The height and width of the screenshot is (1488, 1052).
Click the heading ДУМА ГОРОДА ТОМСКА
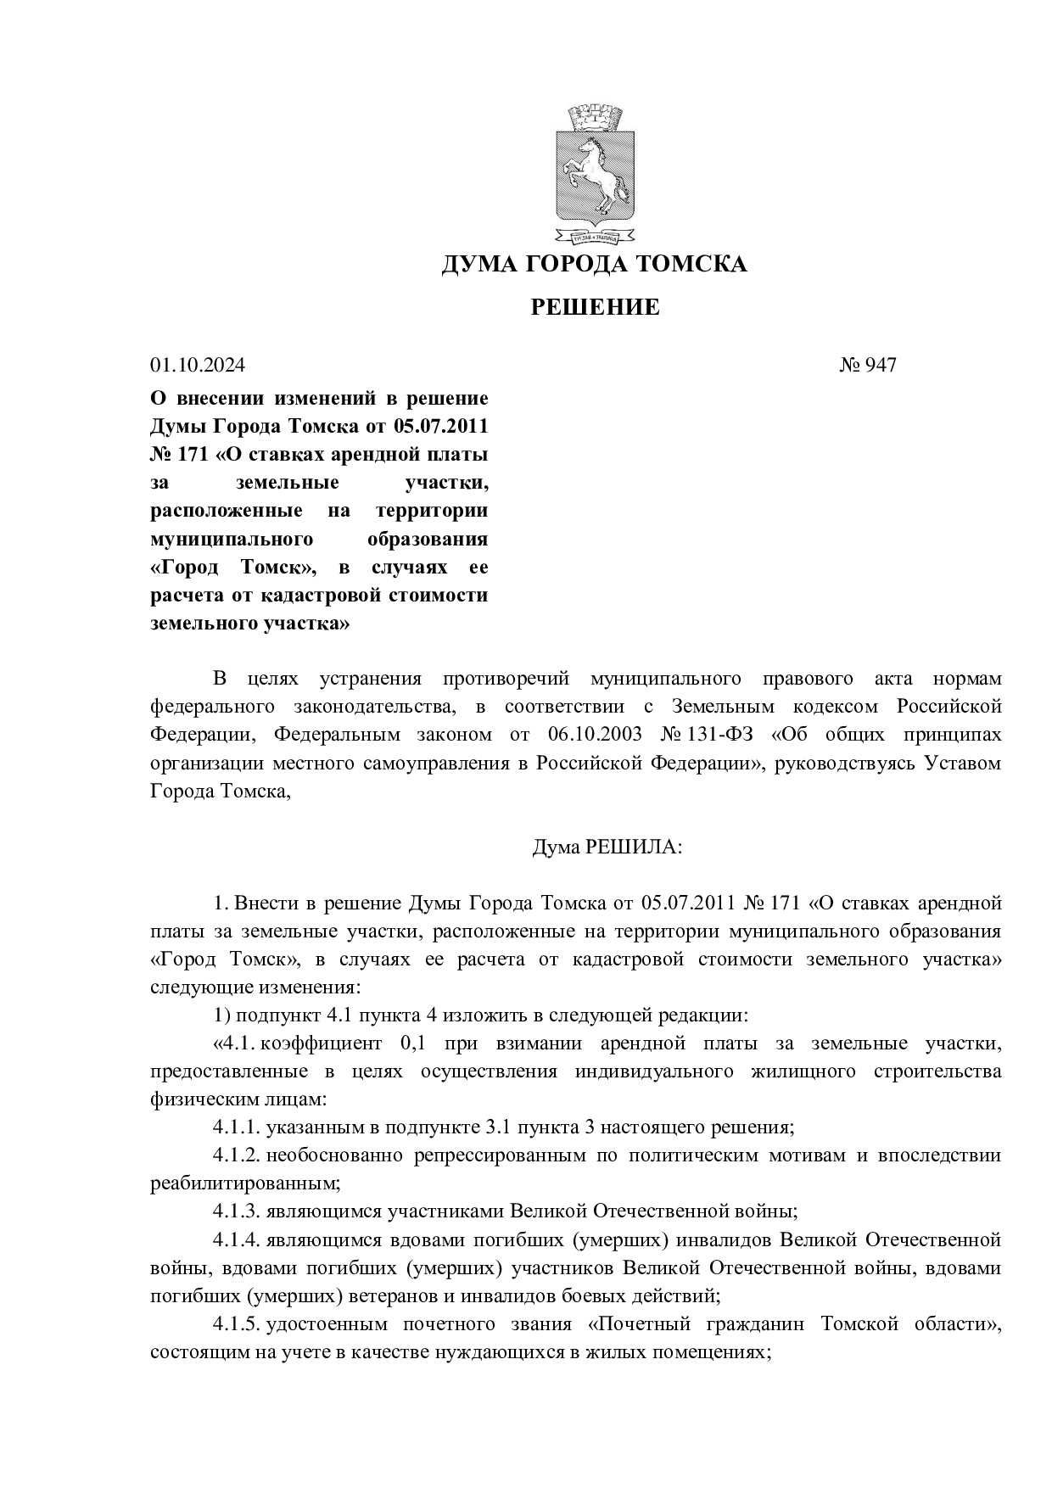(595, 265)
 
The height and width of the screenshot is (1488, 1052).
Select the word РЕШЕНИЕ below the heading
(595, 307)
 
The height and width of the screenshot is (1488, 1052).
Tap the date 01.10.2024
(198, 366)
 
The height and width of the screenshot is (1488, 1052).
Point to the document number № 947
(868, 366)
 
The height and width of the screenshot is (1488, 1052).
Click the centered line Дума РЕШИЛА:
(606, 847)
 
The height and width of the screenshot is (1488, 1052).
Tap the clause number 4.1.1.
(236, 1127)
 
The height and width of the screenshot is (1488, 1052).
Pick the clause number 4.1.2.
(236, 1155)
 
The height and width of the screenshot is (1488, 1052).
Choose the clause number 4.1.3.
(236, 1211)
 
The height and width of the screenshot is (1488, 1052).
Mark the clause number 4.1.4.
(236, 1239)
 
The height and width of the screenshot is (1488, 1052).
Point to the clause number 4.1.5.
(236, 1324)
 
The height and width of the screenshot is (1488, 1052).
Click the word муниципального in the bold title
(232, 540)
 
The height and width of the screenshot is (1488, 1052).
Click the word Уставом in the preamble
(962, 763)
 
